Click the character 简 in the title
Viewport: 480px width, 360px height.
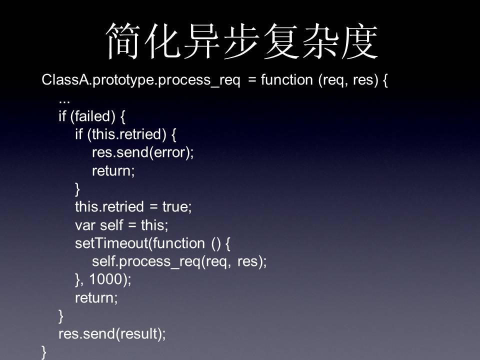[123, 41]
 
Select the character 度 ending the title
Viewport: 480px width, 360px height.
[360, 41]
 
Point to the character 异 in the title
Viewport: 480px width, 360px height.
[202, 41]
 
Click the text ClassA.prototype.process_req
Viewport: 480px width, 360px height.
[141, 80]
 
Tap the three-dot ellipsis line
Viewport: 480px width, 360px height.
[64, 101]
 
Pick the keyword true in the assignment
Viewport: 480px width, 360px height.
[175, 206]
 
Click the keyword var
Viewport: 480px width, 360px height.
[85, 225]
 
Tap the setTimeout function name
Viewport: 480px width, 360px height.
[111, 243]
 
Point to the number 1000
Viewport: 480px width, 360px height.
[106, 279]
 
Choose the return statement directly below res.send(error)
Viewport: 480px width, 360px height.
[113, 171]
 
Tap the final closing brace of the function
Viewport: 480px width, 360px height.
[44, 352]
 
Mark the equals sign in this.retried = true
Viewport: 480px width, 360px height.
[153, 207]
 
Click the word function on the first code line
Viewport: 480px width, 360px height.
[287, 79]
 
